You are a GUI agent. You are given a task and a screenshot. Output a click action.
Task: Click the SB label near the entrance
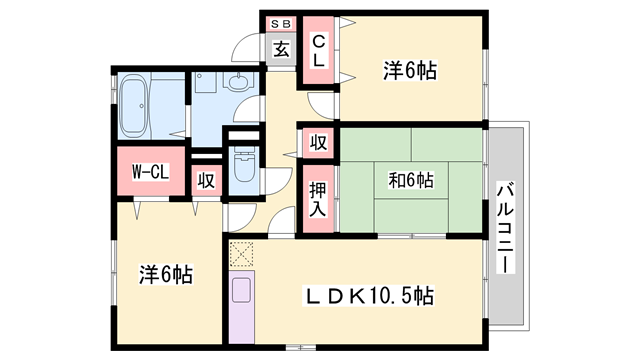(280, 23)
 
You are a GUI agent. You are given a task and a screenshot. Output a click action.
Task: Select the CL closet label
(317, 51)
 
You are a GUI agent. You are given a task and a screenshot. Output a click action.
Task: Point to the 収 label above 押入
(318, 143)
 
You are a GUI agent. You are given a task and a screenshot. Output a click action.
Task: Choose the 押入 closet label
(317, 198)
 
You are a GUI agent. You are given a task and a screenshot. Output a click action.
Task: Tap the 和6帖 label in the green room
(410, 181)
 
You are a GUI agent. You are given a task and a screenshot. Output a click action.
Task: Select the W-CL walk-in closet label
(150, 172)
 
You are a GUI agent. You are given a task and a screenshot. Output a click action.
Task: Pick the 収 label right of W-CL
(204, 180)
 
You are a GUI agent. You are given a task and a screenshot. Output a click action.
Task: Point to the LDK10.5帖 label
(369, 296)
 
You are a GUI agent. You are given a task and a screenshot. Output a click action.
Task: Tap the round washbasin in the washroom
(237, 85)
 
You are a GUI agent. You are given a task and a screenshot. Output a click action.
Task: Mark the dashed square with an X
(241, 254)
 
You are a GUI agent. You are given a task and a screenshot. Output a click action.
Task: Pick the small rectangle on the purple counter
(241, 290)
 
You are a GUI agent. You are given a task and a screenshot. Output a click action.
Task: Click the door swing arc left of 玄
(246, 48)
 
